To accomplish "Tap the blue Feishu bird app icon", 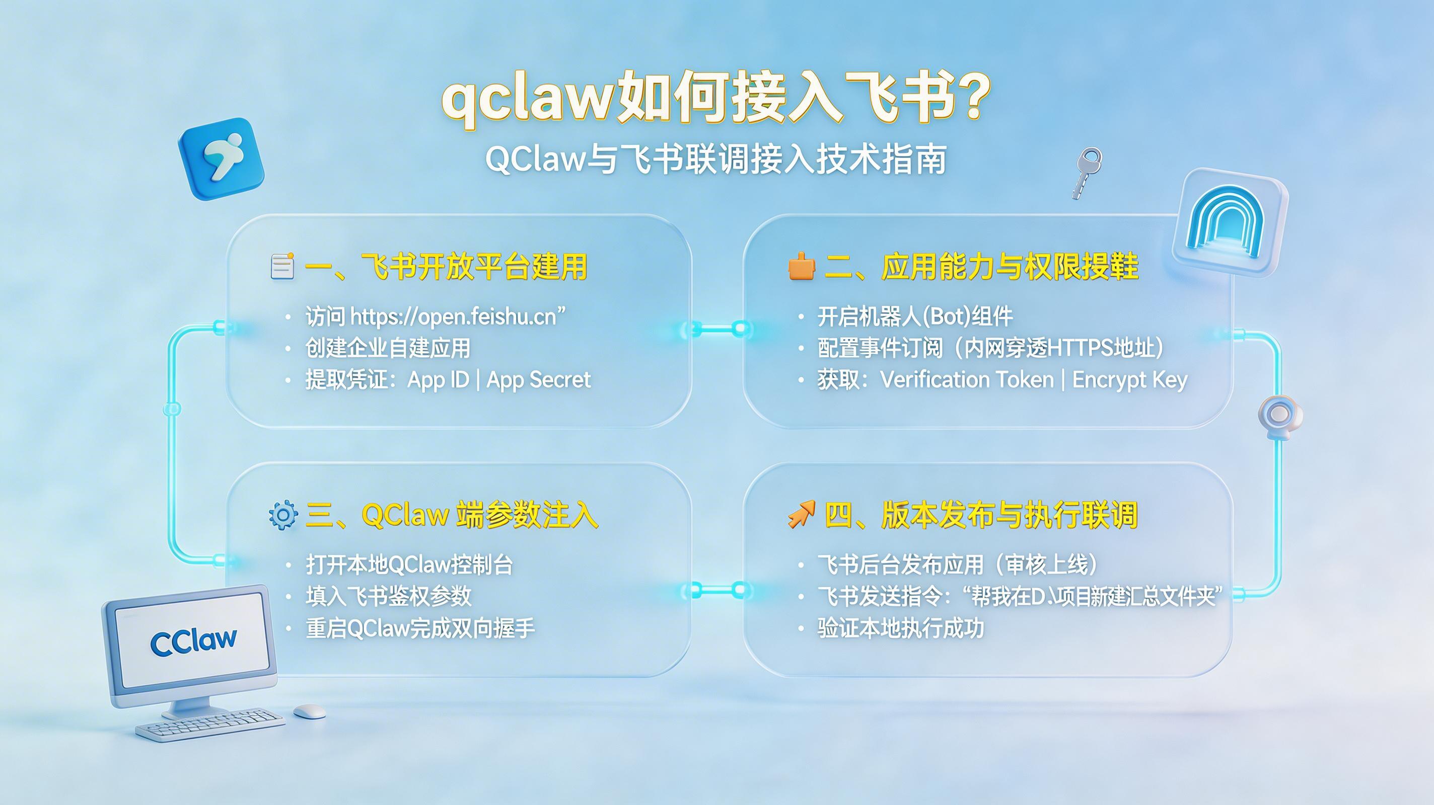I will tap(221, 158).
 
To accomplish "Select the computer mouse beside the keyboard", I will tap(309, 711).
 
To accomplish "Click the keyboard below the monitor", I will tap(210, 724).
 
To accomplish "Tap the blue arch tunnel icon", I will tap(1230, 222).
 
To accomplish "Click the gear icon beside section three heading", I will tap(283, 515).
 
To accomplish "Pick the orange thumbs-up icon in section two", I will tap(801, 266).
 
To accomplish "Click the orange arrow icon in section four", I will tap(801, 514).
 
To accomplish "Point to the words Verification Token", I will tap(967, 380).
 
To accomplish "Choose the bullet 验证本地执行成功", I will tap(900, 628).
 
